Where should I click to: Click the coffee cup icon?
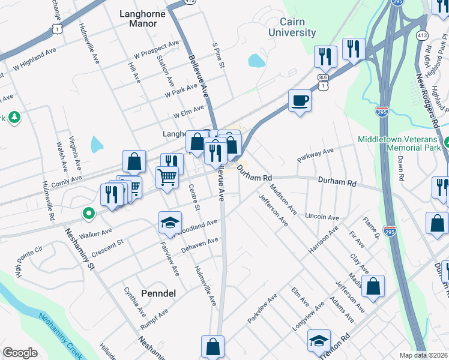click(300, 100)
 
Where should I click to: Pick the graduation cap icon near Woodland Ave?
click(170, 223)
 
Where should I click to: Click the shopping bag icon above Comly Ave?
click(134, 161)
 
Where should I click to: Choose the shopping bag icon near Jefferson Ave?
click(373, 286)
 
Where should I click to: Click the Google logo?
click(20, 353)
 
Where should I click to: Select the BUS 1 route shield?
click(324, 82)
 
